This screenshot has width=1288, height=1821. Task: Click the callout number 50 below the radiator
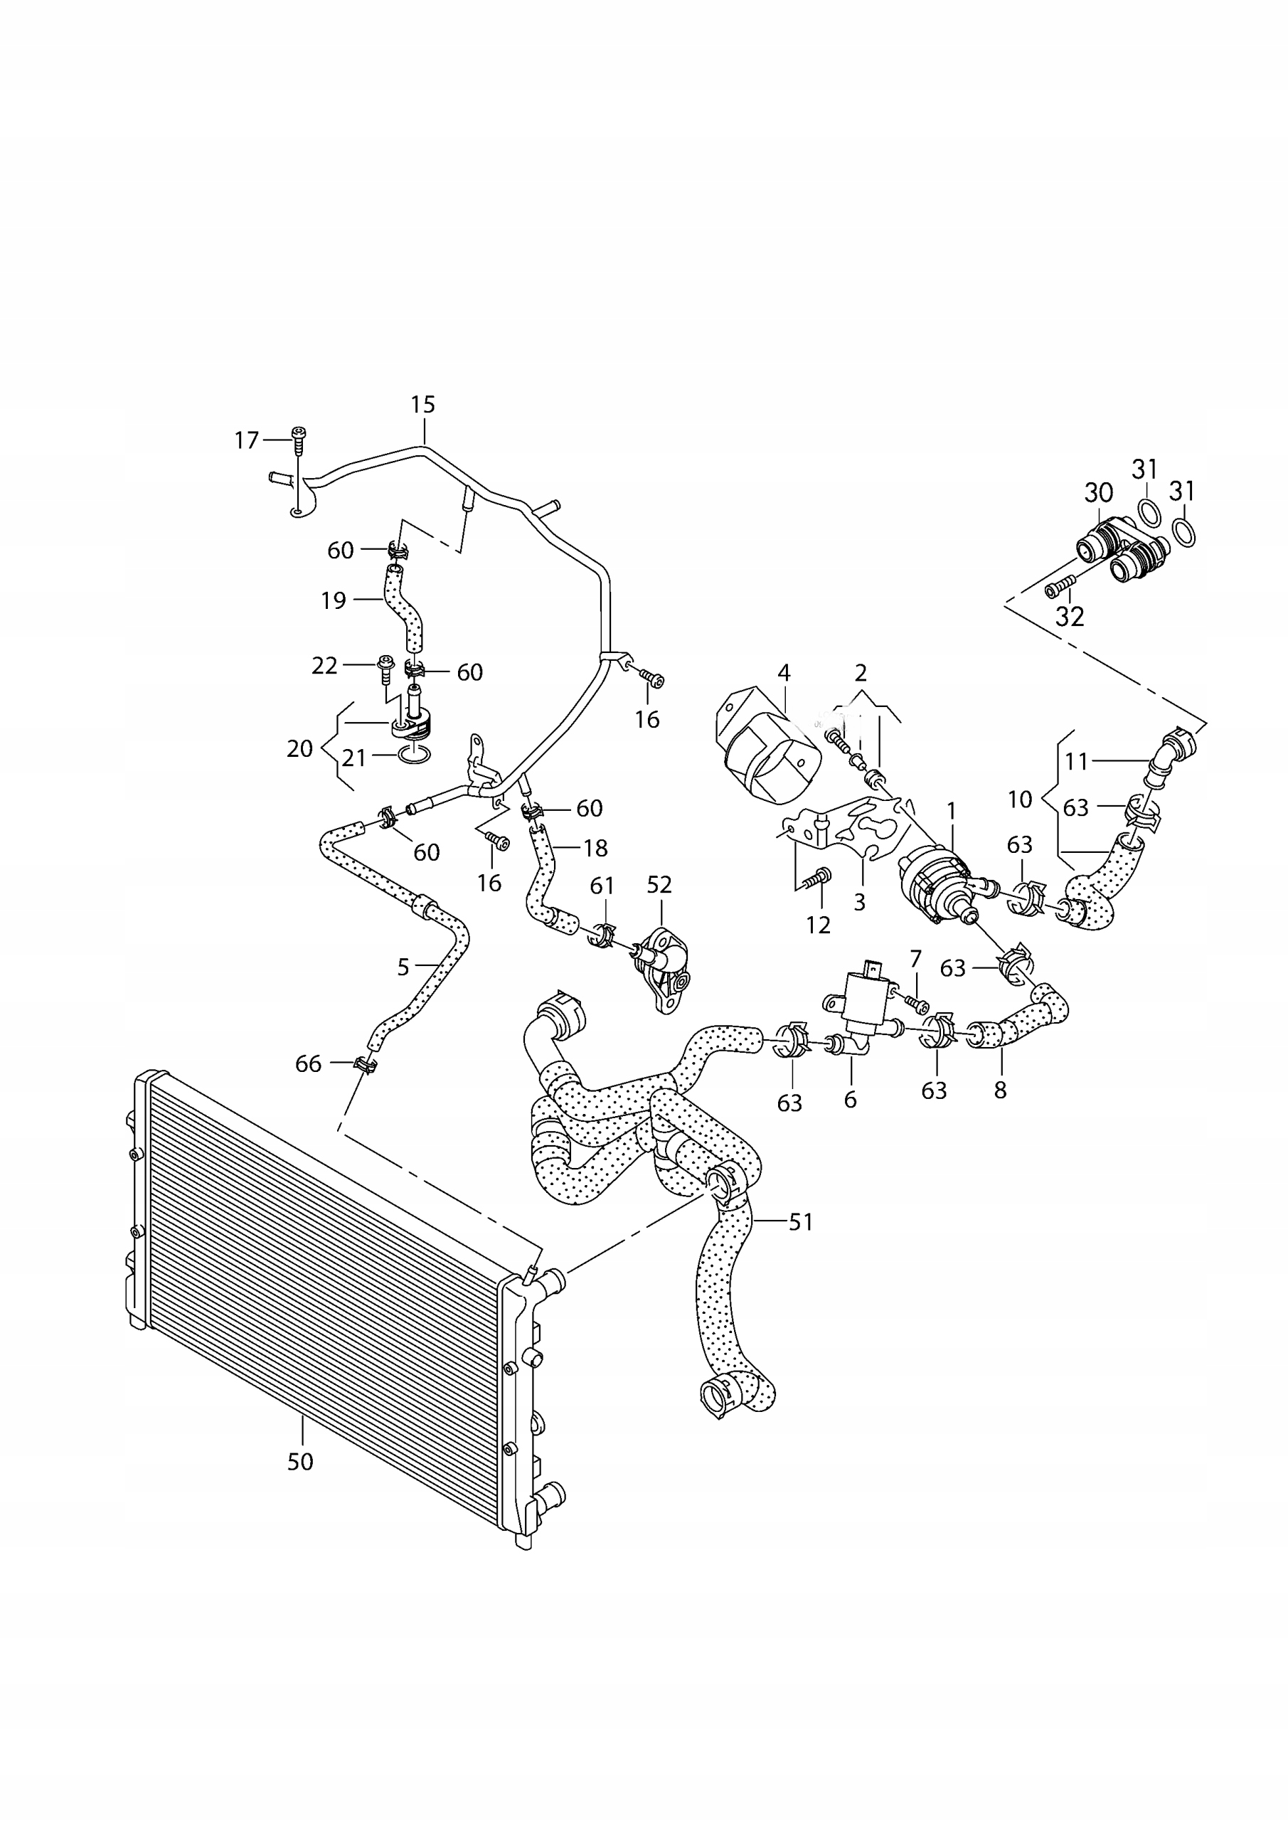click(x=301, y=1461)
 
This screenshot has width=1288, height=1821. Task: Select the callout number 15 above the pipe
click(x=422, y=405)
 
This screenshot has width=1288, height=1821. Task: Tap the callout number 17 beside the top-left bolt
click(x=247, y=440)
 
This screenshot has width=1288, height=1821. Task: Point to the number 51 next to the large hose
click(x=801, y=1222)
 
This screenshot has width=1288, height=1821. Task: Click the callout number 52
click(x=659, y=884)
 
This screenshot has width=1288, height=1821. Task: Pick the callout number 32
click(x=1069, y=616)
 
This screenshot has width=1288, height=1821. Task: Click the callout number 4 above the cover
click(x=784, y=673)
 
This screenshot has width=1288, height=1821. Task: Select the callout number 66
click(x=309, y=1063)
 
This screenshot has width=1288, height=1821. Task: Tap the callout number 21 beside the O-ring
click(x=353, y=758)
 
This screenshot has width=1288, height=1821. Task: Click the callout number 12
click(x=818, y=925)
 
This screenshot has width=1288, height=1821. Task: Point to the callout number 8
click(x=1000, y=1090)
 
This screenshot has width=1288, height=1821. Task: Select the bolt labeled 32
click(x=1055, y=589)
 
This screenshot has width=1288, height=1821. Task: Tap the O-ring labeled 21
click(x=415, y=753)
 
